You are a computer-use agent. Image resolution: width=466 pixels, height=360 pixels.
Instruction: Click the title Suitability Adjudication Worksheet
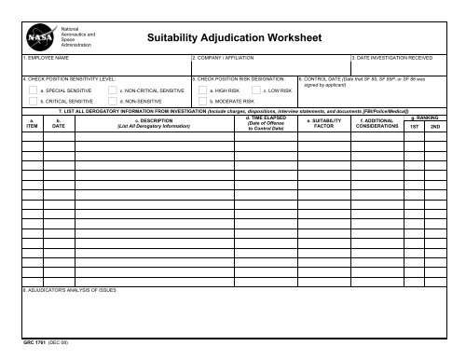234,40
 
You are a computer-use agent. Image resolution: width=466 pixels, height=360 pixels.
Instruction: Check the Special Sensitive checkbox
34,90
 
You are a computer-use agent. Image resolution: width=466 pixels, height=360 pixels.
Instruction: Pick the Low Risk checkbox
255,90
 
